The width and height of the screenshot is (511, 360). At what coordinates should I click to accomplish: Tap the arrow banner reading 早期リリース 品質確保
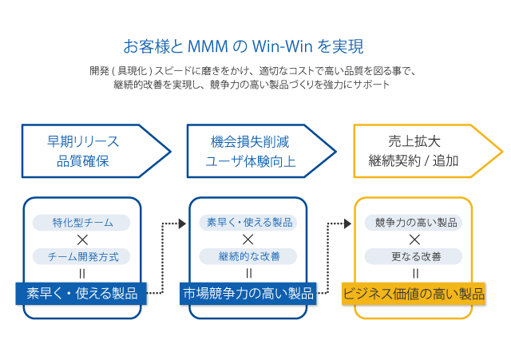coord(88,151)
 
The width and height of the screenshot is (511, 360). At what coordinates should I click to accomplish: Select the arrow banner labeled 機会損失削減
coord(254,151)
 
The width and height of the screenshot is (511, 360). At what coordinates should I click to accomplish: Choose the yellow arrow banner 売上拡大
coord(419,151)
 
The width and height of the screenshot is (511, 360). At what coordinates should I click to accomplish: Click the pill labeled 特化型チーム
coord(82,223)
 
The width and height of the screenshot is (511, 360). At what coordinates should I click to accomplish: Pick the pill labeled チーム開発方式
coord(82,256)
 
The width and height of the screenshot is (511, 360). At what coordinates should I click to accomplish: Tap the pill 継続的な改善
coord(248,256)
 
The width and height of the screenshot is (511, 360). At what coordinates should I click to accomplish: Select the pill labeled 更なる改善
coord(414,256)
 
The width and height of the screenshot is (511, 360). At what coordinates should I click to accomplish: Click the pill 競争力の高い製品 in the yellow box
coord(414,223)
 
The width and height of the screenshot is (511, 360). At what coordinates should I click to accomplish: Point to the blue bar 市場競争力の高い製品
coord(248,293)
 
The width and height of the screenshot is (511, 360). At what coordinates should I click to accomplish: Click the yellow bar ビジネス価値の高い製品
coord(414,293)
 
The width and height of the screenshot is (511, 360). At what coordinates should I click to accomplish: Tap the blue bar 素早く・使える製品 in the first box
coord(81,293)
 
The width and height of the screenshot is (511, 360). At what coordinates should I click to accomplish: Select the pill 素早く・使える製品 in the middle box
coord(248,223)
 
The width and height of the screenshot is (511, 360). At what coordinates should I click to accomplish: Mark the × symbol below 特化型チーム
coord(82,239)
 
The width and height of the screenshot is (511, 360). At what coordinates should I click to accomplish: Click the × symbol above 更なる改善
coord(414,239)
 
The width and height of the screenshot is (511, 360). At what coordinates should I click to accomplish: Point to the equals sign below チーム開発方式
coord(82,273)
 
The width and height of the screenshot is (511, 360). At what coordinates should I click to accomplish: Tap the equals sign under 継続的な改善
coord(248,273)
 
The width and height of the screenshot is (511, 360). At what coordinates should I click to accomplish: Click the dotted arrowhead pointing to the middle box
coord(181,224)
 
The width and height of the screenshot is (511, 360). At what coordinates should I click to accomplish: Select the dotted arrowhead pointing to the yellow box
coord(347,224)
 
